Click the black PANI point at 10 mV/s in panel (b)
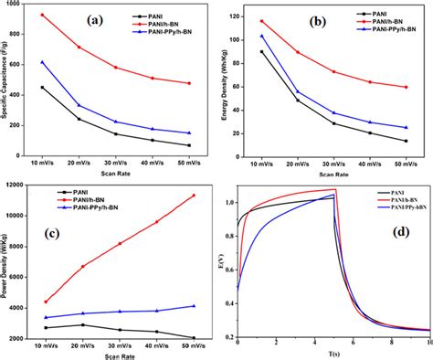click(x=262, y=52)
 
